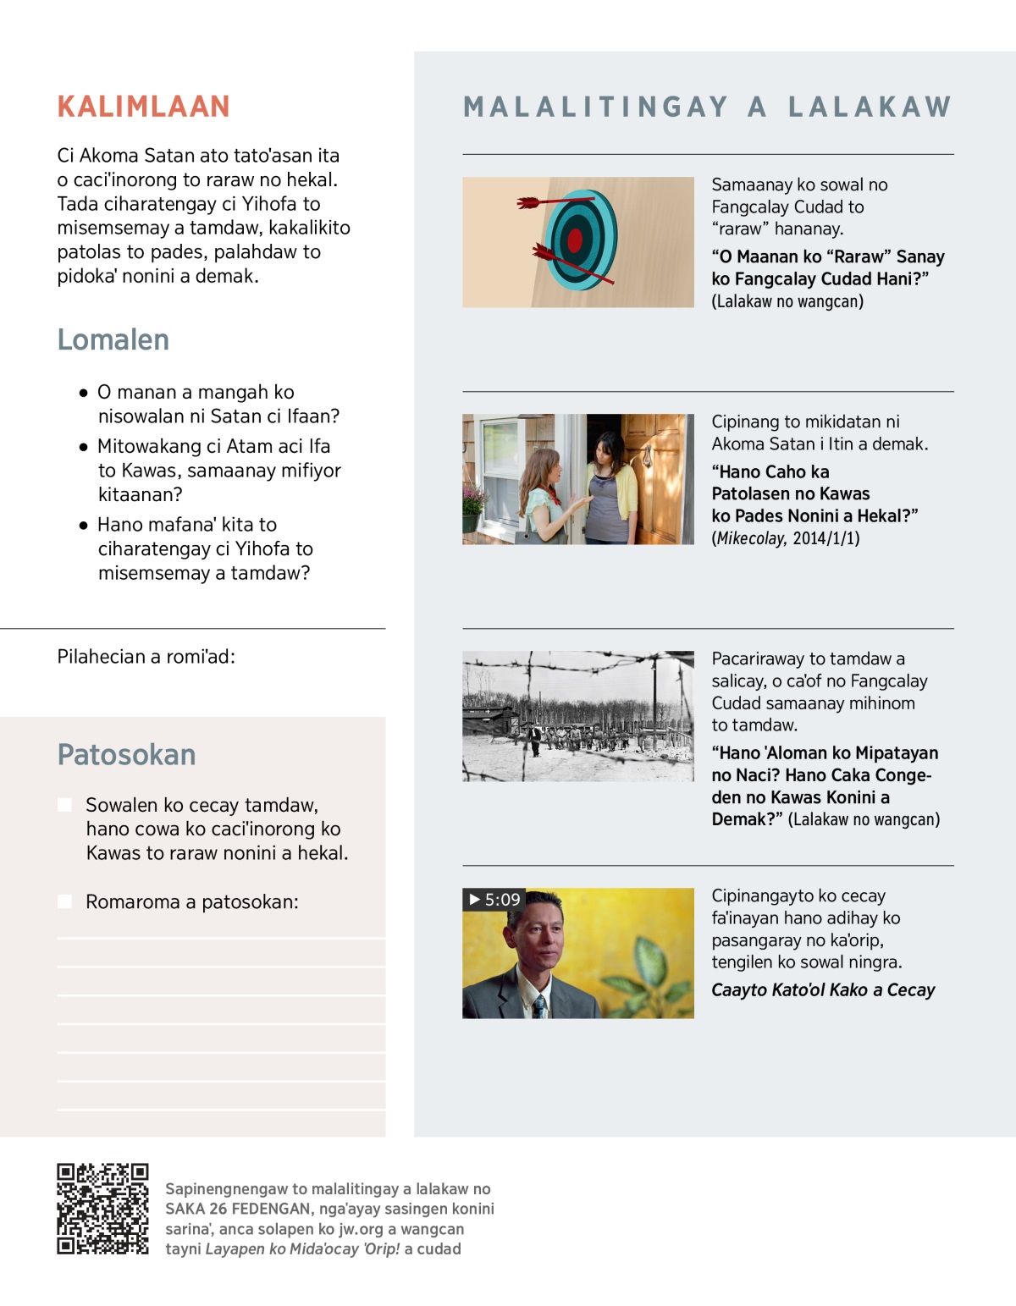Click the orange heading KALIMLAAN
[x=143, y=107]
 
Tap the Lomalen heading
[x=113, y=339]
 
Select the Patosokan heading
[x=126, y=754]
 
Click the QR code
[x=102, y=1209]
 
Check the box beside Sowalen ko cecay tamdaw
[x=64, y=805]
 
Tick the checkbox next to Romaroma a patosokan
[x=64, y=902]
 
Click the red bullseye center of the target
[x=576, y=240]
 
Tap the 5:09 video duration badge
[x=494, y=899]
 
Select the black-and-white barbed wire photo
[x=578, y=716]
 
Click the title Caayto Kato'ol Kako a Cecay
[x=823, y=990]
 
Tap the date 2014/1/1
[x=825, y=538]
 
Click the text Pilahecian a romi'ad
[x=146, y=657]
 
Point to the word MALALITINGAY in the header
[x=596, y=107]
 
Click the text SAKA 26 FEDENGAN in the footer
[x=238, y=1209]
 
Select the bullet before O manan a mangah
[x=84, y=393]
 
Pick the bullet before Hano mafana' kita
[x=84, y=525]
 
